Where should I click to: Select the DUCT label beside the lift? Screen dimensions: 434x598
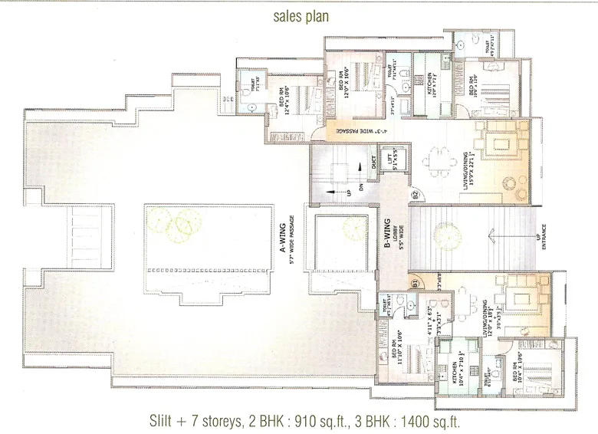click(x=373, y=162)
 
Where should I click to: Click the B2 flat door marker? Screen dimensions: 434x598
click(x=415, y=194)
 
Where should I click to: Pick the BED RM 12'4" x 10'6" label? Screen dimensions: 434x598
click(x=287, y=102)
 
